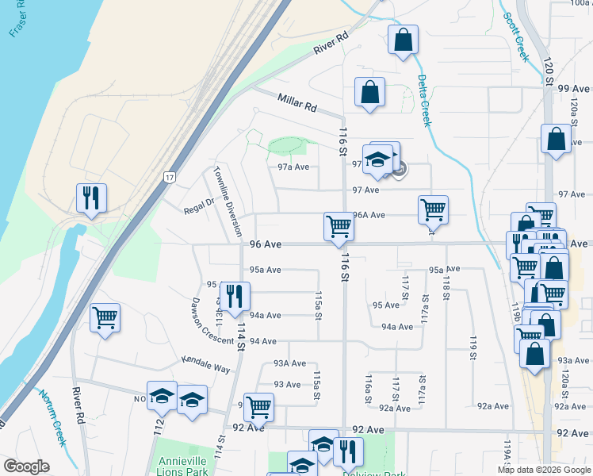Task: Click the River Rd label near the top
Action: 331,43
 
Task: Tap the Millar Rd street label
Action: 297,102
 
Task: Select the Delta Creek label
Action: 424,100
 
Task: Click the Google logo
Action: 26,466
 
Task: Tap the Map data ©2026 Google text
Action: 544,470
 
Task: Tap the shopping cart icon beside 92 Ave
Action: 258,407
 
